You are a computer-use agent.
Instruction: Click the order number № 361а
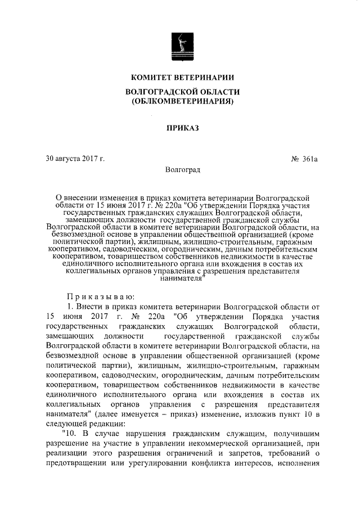point(305,159)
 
